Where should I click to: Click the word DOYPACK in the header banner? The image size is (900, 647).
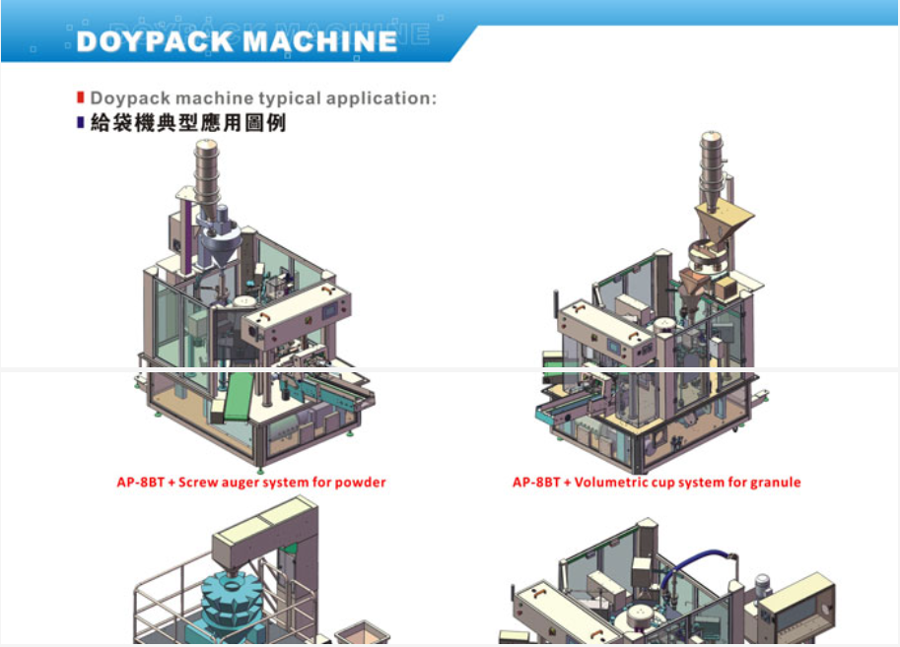click(155, 41)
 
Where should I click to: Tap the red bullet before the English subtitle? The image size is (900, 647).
click(81, 97)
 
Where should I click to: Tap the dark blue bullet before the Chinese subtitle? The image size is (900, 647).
click(81, 123)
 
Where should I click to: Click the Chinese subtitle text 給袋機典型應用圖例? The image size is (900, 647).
click(188, 124)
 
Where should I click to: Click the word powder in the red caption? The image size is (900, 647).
click(360, 483)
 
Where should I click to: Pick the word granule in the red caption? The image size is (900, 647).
click(775, 483)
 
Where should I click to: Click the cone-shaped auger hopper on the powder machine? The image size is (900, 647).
click(219, 243)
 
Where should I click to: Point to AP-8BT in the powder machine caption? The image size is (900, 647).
click(138, 483)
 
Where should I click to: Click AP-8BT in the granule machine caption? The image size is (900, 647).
click(535, 483)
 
